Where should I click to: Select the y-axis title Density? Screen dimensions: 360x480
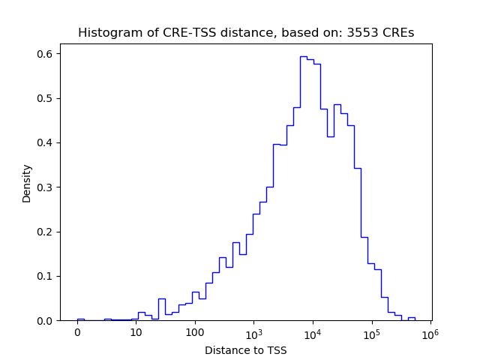pos(27,183)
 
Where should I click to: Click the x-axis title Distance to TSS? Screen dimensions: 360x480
pos(246,350)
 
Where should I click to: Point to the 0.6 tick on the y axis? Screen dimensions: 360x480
pos(45,54)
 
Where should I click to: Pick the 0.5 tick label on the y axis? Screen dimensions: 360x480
pos(45,98)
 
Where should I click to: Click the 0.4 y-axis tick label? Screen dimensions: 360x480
pos(45,142)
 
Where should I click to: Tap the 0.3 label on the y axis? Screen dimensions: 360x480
pos(45,187)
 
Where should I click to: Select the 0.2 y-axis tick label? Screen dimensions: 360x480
pos(45,232)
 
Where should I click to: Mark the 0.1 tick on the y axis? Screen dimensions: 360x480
pos(45,276)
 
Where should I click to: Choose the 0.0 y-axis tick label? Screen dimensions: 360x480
pos(45,320)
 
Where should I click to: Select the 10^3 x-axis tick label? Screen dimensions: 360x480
pos(253,332)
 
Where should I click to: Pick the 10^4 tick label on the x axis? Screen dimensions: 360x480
pos(313,332)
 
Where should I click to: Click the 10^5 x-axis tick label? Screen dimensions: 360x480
pos(371,332)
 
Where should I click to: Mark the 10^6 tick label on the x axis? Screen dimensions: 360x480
pos(430,332)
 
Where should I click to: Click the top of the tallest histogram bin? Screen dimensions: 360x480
pos(303,56)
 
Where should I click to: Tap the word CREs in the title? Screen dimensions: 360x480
pos(400,33)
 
